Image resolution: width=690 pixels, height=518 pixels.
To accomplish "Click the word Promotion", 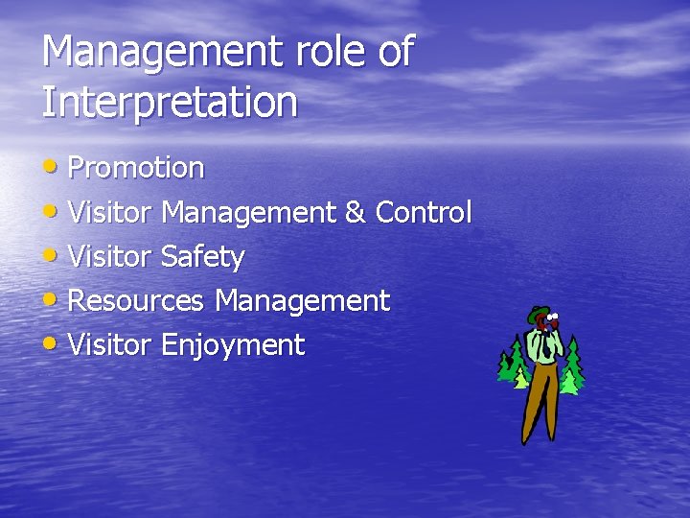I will [136, 169].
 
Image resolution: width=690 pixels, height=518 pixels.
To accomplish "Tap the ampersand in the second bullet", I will [355, 213].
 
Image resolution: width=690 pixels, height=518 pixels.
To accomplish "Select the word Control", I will [424, 213].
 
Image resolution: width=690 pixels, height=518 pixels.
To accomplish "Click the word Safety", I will [202, 257].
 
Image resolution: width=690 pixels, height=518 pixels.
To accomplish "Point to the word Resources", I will [136, 301].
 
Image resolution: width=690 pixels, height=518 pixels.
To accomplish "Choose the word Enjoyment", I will [232, 345].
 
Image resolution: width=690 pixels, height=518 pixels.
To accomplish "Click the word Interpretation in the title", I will [170, 102].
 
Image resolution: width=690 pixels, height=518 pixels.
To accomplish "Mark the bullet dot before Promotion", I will [53, 166].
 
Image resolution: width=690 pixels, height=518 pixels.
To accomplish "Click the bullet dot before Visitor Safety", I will [53, 254].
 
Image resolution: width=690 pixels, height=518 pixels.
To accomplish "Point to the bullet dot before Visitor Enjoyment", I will [53, 342].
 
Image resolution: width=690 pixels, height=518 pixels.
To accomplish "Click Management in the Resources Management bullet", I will [302, 301].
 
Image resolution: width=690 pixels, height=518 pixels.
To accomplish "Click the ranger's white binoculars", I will [553, 319].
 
